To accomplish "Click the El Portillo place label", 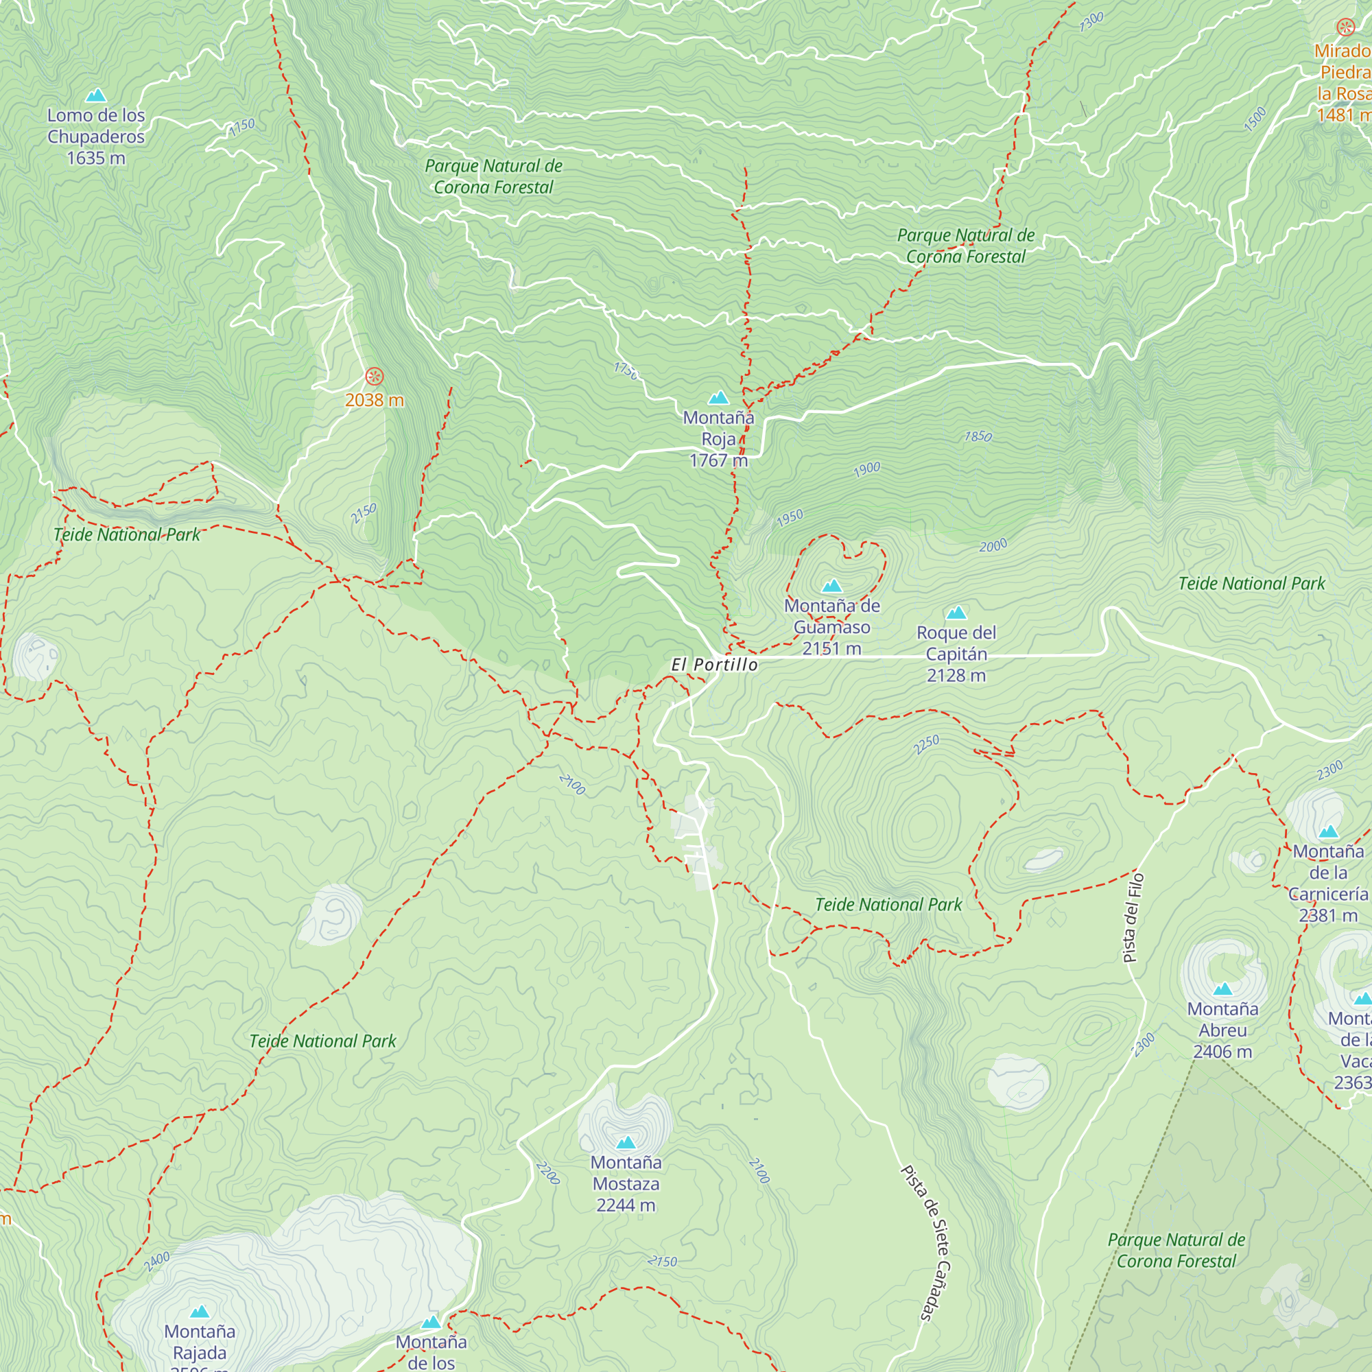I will [x=714, y=665].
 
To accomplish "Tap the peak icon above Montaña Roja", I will [x=719, y=398].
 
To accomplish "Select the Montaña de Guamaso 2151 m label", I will [x=831, y=627].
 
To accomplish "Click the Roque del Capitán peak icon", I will [x=956, y=613].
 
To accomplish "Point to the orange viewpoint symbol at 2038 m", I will [x=375, y=377].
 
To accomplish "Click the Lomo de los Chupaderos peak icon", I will [x=96, y=95].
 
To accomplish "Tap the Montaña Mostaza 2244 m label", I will [x=626, y=1184].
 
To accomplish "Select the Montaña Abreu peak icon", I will [x=1222, y=989].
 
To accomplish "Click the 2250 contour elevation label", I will [x=926, y=744].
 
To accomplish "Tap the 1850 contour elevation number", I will [x=978, y=436].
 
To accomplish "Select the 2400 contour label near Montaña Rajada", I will [x=157, y=1262].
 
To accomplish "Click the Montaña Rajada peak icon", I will [x=200, y=1312].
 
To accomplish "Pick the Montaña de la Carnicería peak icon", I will [x=1328, y=831].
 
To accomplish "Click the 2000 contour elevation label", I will [x=993, y=545].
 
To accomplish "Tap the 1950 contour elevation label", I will [x=790, y=518].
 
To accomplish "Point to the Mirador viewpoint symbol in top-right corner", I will [x=1345, y=27].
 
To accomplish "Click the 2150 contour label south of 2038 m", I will [x=364, y=512].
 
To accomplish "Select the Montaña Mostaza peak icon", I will [x=626, y=1143].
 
